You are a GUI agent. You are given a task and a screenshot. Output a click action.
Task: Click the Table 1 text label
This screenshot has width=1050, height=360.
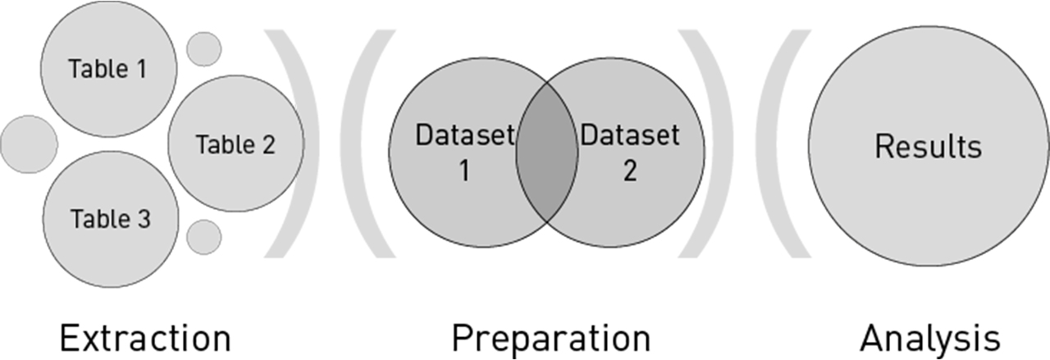pos(108,69)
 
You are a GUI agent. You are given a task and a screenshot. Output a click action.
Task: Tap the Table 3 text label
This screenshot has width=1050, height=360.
pos(110,219)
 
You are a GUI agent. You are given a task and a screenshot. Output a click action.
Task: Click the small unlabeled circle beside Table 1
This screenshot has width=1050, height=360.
pos(203,49)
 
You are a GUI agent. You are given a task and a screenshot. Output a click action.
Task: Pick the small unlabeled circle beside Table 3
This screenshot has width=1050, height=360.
pos(203,237)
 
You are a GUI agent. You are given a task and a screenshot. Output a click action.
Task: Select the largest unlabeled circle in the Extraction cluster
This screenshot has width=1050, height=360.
pos(29,144)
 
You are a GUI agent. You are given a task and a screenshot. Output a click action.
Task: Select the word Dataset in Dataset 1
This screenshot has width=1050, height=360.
pos(464,134)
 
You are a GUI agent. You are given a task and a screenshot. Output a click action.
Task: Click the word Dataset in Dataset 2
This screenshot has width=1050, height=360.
pos(630,134)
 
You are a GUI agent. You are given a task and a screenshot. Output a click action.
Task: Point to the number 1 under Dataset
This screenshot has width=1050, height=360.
pos(463,173)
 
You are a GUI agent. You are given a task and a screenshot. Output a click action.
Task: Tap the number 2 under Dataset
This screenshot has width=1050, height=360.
pos(629,173)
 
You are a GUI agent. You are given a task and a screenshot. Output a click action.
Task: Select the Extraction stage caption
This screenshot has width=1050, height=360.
pos(145,338)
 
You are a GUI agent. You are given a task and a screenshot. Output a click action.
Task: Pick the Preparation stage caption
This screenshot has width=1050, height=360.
pos(550,338)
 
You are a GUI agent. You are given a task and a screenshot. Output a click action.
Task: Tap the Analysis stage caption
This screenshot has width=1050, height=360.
pos(930,338)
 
